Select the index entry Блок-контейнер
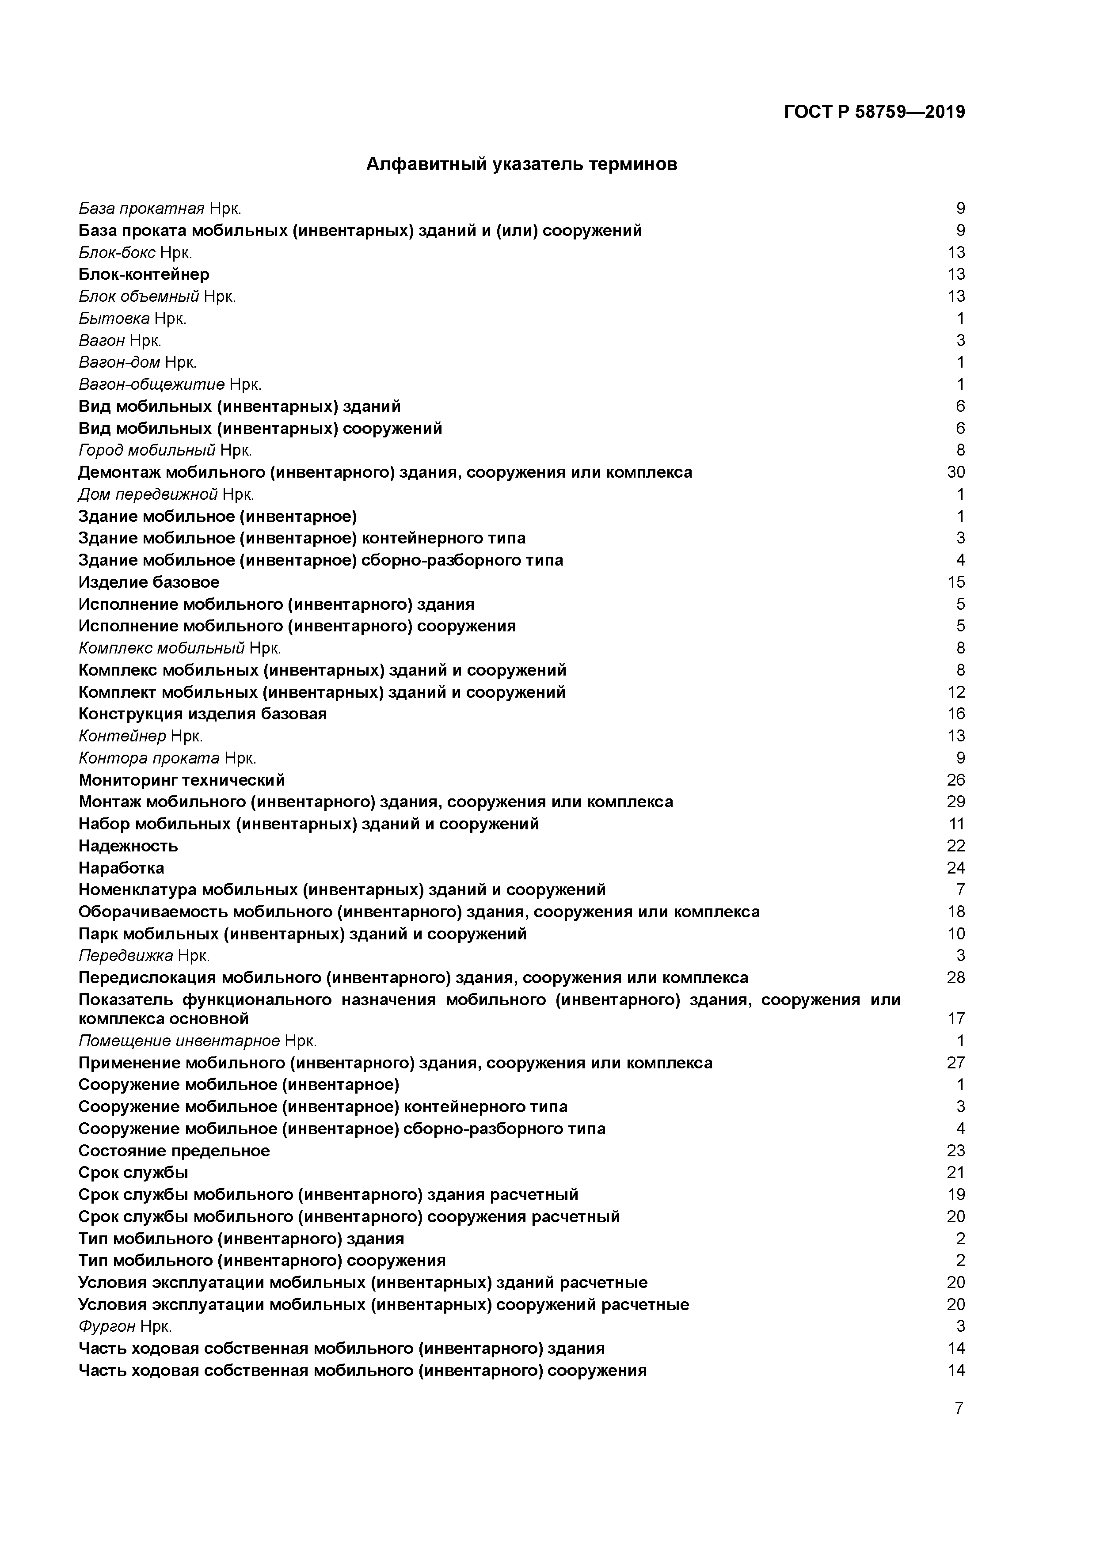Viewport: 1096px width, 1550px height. tap(144, 274)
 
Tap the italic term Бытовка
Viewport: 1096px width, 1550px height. tap(114, 318)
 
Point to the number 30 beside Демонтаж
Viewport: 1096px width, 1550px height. tap(955, 472)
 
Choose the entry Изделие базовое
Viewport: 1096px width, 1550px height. tap(148, 582)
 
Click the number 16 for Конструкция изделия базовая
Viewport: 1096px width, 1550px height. tap(955, 714)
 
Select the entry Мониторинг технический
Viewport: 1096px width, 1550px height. tap(182, 780)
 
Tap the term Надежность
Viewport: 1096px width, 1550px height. tap(128, 846)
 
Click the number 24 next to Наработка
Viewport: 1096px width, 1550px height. tap(955, 867)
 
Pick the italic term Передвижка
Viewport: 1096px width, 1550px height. tap(126, 955)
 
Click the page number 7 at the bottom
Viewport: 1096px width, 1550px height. tap(958, 1408)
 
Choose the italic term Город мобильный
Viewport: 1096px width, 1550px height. tap(147, 450)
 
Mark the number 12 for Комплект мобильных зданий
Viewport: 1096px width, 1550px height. tap(955, 692)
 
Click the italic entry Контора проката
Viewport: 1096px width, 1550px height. tap(148, 757)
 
